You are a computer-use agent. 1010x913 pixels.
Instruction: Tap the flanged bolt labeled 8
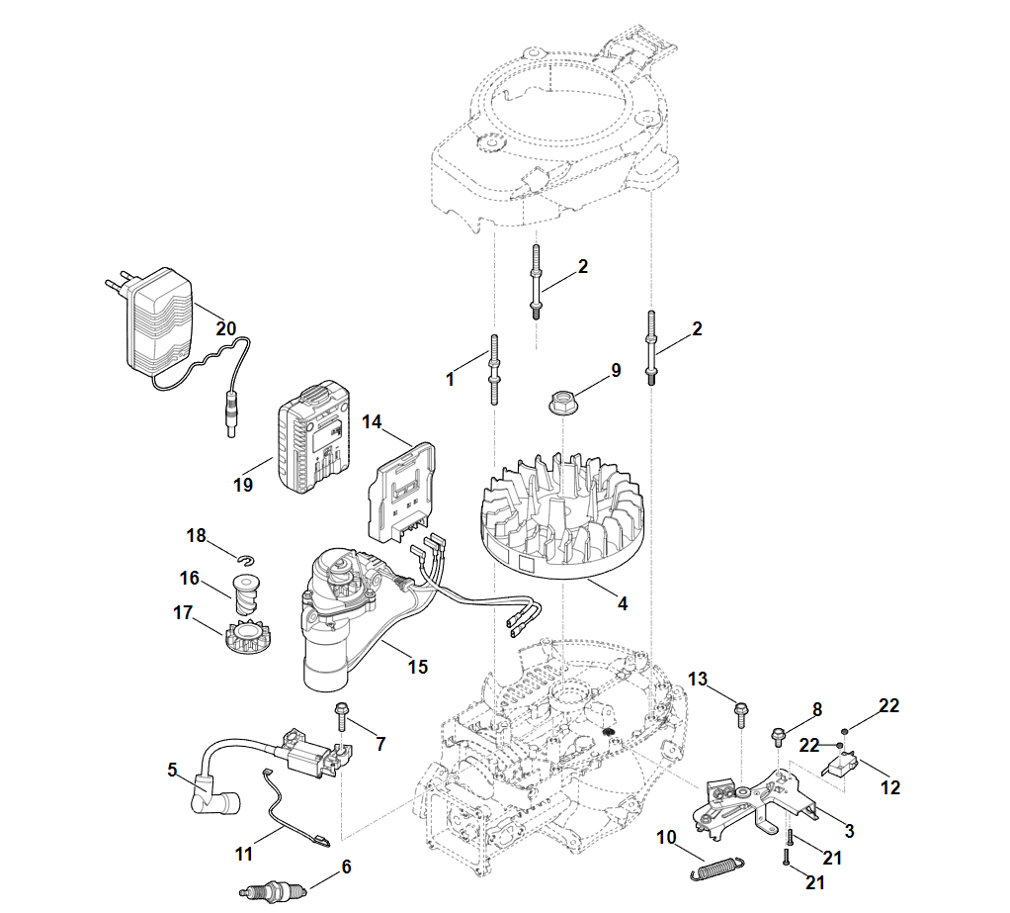click(778, 737)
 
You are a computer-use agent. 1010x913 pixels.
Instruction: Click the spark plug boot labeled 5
click(211, 791)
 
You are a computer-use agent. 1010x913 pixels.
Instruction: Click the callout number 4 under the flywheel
click(622, 602)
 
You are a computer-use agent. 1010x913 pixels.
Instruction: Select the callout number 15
click(418, 667)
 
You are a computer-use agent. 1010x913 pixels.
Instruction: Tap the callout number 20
click(226, 327)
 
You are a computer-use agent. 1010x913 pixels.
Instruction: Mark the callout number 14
click(371, 421)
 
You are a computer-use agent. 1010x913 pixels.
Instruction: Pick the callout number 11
click(244, 852)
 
